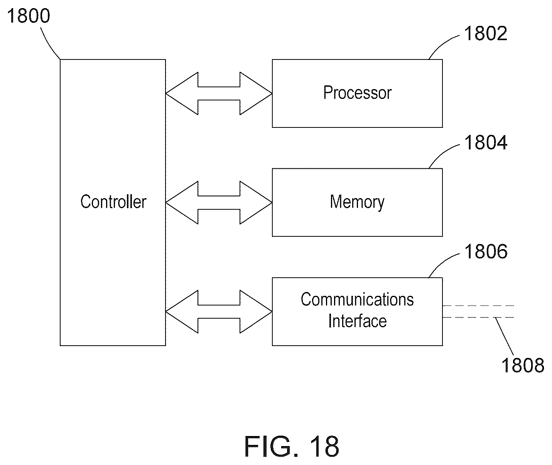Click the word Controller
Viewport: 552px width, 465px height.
coord(113,202)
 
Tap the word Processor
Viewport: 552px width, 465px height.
coord(358,93)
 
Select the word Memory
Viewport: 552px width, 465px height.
coord(357,202)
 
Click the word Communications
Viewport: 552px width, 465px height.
coord(357,299)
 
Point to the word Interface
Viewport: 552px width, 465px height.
coord(358,321)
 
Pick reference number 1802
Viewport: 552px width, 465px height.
coord(486,33)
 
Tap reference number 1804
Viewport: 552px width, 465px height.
coord(486,143)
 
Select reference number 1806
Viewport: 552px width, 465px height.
coord(486,251)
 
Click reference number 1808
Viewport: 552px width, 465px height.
coord(523,365)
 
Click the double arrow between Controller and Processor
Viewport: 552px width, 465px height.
coord(219,93)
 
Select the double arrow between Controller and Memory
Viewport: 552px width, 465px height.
coord(219,203)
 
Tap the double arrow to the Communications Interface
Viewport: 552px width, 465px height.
coord(219,312)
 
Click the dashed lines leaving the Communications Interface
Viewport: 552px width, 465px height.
coord(478,312)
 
